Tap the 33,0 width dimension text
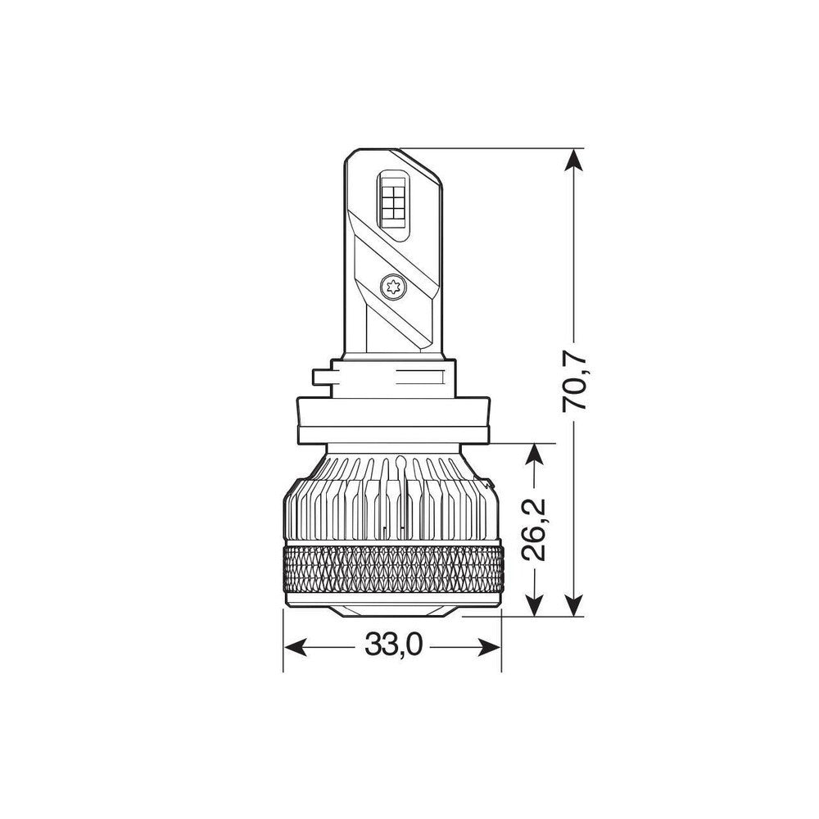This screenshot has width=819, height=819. click(x=393, y=646)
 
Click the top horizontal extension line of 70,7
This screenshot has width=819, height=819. click(x=491, y=148)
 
